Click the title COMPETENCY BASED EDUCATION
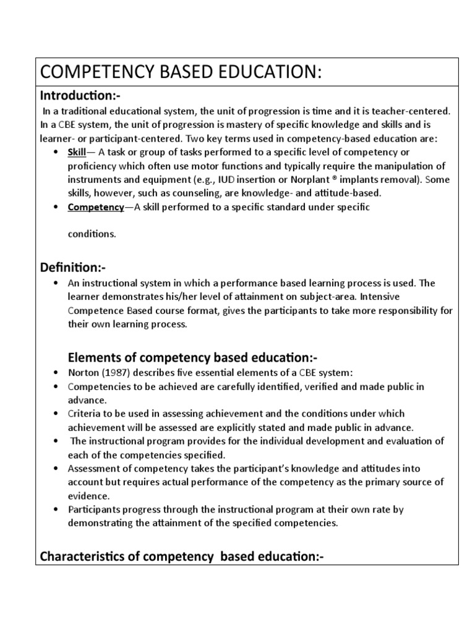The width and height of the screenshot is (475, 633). click(x=181, y=72)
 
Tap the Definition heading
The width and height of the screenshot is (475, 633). click(x=72, y=268)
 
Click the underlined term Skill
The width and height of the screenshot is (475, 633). click(x=77, y=152)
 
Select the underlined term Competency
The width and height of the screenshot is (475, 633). click(x=96, y=207)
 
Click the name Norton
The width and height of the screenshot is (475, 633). click(x=83, y=373)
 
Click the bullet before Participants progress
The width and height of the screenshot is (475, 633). click(x=56, y=509)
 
